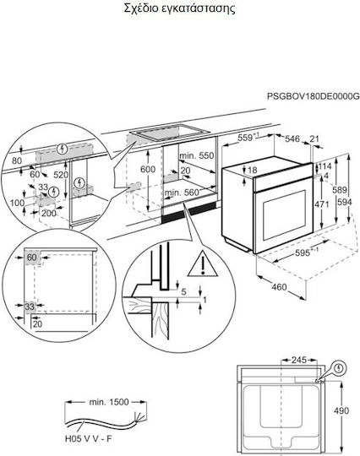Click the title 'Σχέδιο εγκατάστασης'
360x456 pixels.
click(x=179, y=8)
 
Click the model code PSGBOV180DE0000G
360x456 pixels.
click(x=314, y=96)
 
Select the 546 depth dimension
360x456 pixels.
click(x=292, y=138)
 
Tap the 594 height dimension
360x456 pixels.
click(x=345, y=202)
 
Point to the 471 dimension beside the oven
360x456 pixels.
click(x=322, y=204)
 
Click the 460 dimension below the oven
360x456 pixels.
click(x=279, y=287)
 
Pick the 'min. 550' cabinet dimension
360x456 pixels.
click(x=197, y=155)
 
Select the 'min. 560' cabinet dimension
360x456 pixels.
click(x=182, y=193)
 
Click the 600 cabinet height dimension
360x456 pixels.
click(x=148, y=169)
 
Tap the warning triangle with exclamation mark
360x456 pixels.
click(x=203, y=264)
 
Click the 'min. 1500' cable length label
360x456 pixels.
click(x=108, y=402)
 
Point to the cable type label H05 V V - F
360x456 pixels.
click(x=88, y=438)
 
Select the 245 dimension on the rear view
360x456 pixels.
click(x=299, y=360)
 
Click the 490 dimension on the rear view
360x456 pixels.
click(x=341, y=410)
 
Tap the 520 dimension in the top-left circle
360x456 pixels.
click(x=61, y=175)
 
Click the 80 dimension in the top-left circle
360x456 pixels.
click(x=17, y=160)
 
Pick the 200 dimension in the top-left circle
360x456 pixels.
click(x=49, y=213)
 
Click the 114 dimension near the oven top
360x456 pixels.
click(x=325, y=166)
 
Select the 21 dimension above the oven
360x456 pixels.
click(x=314, y=138)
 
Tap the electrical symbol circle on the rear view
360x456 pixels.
click(x=340, y=368)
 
